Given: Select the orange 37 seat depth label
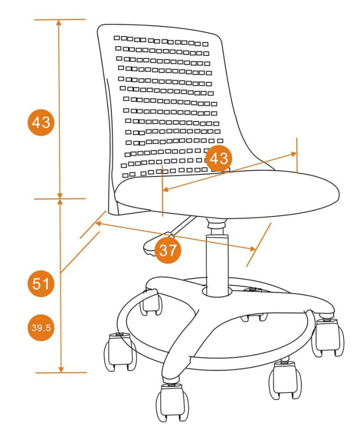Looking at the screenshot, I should click(167, 249).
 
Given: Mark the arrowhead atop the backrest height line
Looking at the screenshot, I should click(60, 23).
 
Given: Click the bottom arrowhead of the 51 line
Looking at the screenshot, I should click(61, 369).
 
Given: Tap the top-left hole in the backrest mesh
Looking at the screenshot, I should click(117, 38).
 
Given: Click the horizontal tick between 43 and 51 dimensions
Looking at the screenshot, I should click(60, 198).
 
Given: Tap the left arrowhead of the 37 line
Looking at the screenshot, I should click(98, 224).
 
